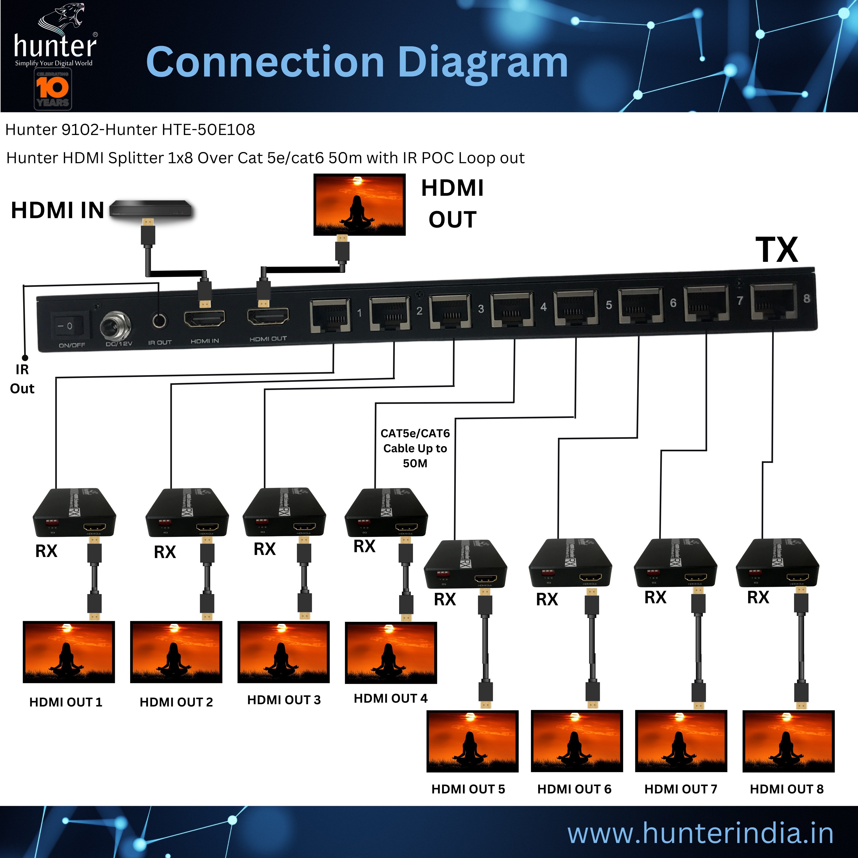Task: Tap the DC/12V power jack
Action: (115, 326)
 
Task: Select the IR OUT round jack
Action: (159, 320)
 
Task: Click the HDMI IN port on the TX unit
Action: (205, 319)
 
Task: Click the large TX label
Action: (777, 250)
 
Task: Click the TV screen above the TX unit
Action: (359, 204)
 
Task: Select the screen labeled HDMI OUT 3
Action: (283, 652)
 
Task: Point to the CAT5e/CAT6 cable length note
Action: (415, 448)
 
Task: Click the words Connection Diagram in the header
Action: (357, 62)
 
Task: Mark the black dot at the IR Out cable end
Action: (25, 357)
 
